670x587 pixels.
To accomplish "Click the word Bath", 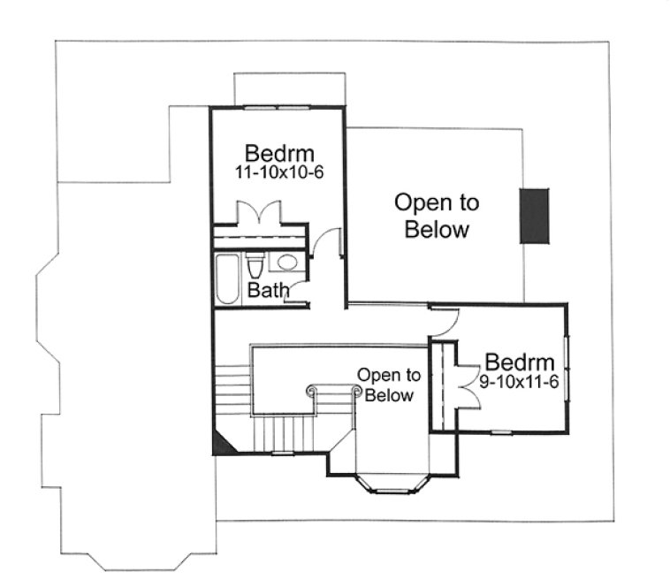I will coord(265,290).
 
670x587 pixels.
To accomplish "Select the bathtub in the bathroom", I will coord(227,278).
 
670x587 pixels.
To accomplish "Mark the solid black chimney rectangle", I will coord(534,216).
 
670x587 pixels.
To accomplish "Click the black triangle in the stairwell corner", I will coord(223,442).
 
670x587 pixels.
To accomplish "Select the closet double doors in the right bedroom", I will coord(466,385).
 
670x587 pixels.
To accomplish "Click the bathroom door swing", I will coord(298,292).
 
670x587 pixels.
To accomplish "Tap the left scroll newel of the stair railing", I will coord(311,389).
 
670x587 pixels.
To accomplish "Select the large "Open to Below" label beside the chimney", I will coord(436,216).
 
